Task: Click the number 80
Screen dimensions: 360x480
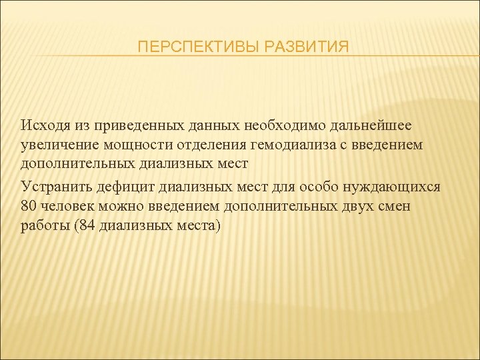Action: coord(28,205)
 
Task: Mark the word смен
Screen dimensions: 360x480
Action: coord(395,205)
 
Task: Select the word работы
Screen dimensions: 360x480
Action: coord(43,225)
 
